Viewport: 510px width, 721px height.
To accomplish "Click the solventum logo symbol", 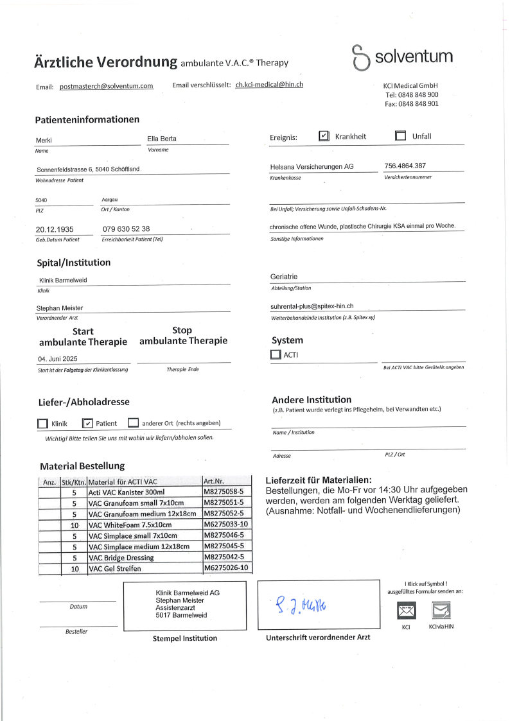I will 361,58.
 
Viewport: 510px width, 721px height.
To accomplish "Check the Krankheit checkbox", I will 324,136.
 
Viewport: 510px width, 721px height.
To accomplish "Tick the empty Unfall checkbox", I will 400,136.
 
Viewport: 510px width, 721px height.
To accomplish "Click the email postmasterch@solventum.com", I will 107,86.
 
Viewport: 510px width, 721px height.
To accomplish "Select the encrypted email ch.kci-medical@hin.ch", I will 269,85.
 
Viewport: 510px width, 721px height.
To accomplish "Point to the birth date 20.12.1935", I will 55,229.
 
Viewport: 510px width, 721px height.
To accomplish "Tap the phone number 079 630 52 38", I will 126,229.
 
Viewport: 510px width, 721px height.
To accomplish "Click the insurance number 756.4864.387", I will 405,166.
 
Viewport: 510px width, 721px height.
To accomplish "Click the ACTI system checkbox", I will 276,354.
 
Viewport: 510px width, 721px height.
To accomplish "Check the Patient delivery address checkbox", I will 88,423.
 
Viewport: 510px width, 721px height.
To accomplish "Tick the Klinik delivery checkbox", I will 42,424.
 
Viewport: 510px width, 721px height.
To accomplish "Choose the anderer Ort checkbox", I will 133,423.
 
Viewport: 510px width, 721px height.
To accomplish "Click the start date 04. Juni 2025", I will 57,359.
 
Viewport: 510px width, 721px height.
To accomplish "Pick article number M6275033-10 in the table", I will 225,525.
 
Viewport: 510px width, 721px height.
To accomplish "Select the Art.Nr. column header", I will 213,481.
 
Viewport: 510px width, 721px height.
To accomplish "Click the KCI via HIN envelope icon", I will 440,610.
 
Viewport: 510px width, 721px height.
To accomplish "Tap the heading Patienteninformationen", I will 87,119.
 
